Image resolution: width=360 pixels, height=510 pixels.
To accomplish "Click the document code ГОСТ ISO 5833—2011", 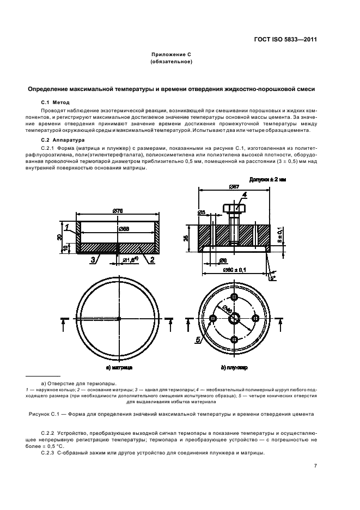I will [287, 40].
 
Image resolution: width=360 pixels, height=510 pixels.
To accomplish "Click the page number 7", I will [315, 465].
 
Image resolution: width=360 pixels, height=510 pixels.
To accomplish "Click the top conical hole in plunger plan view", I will [234, 296].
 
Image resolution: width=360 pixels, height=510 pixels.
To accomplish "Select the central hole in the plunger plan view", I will [234, 318].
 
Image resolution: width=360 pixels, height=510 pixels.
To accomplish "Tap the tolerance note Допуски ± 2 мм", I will [267, 179].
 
